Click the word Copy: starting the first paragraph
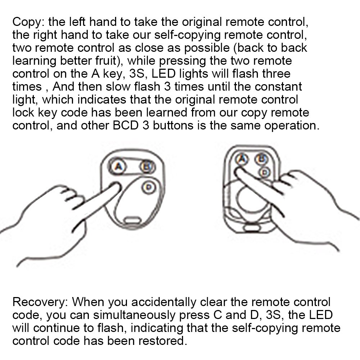click(28, 22)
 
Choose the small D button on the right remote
click(265, 173)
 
